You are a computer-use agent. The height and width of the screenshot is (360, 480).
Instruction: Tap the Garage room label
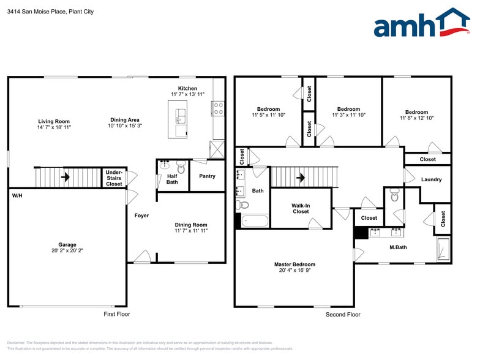[x=67, y=244]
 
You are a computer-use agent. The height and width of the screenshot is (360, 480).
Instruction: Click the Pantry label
[x=207, y=176]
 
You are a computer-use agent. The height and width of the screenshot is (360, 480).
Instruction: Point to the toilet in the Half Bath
[x=181, y=167]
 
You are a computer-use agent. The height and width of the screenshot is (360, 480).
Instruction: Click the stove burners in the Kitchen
[x=218, y=108]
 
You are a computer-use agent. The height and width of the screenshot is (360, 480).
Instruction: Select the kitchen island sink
[x=179, y=113]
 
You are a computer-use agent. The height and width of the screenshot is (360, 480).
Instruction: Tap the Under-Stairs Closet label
[x=114, y=178]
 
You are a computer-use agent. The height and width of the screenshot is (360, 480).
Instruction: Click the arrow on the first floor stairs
[x=65, y=178]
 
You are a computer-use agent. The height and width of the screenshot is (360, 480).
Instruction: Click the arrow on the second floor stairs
[x=301, y=178]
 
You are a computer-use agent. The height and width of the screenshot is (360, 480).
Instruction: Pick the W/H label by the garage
[x=17, y=195]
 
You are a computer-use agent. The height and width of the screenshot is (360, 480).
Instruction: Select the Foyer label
[x=141, y=216]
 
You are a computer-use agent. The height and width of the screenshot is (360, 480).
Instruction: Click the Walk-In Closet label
[x=301, y=208]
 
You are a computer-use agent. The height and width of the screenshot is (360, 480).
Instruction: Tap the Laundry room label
[x=432, y=179]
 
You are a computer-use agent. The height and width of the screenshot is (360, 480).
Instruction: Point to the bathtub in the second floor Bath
[x=253, y=220]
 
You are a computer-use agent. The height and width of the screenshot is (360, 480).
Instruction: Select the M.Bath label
[x=399, y=247]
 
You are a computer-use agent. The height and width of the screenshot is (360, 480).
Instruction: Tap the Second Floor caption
[x=343, y=314]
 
